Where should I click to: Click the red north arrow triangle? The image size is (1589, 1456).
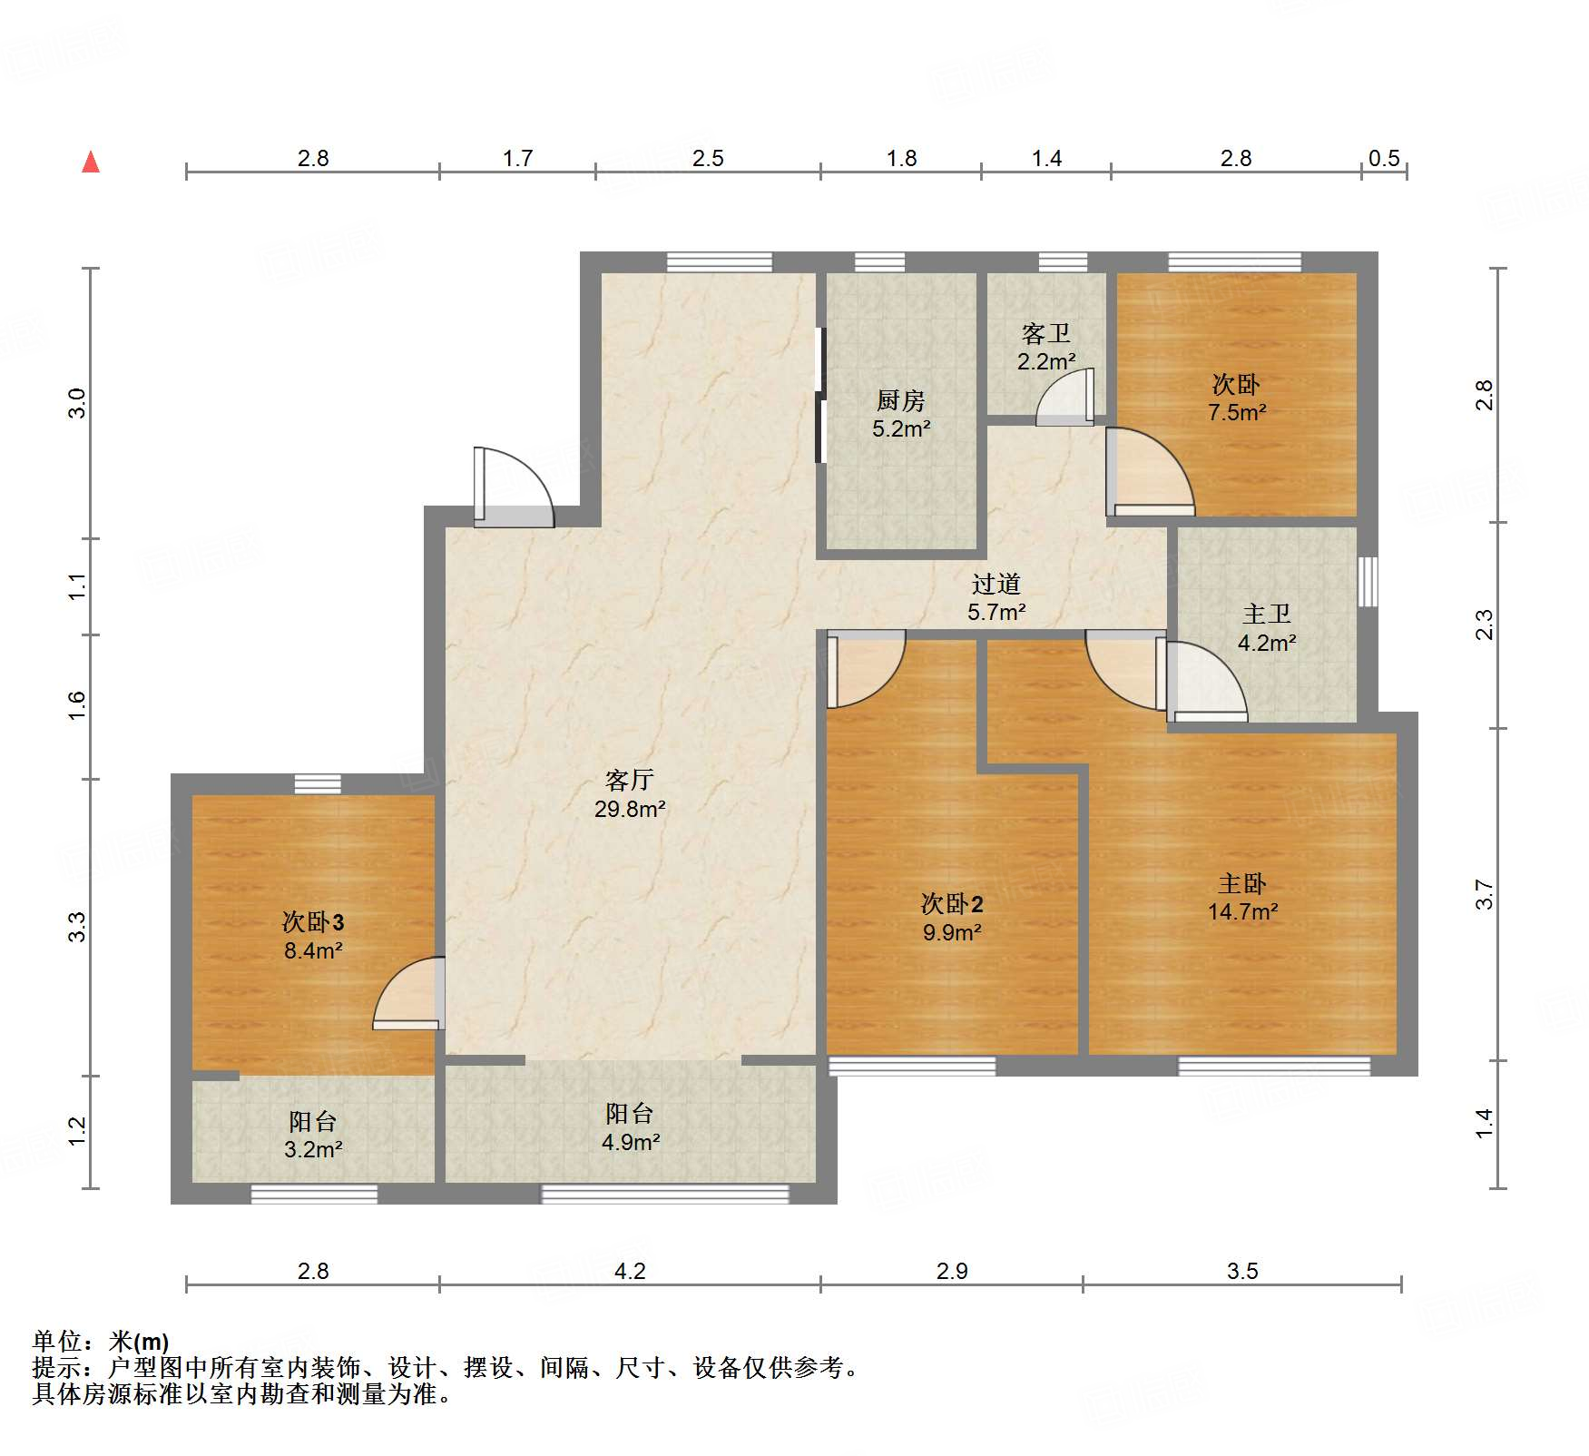(91, 162)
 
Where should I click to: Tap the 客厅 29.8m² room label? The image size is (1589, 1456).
(630, 794)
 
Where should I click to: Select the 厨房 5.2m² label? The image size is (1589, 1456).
(901, 414)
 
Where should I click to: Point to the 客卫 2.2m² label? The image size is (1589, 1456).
(1046, 347)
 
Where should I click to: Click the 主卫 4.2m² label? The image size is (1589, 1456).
(1267, 628)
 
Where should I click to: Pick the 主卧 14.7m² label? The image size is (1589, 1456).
(1242, 897)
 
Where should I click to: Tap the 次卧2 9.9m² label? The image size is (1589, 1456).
(952, 917)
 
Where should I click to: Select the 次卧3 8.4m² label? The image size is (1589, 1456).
(313, 936)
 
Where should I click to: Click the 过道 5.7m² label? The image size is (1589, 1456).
(996, 597)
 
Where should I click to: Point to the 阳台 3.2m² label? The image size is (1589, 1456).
(313, 1135)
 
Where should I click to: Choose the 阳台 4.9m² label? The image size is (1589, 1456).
(630, 1127)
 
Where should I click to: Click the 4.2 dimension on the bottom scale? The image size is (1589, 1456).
(630, 1271)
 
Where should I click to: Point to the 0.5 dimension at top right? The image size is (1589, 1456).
(1384, 159)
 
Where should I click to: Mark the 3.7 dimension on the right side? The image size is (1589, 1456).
(1484, 895)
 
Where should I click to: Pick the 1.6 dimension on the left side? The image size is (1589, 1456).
(78, 706)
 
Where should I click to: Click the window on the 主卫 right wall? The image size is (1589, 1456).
(1368, 582)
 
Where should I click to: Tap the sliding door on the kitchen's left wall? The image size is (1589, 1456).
(821, 396)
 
